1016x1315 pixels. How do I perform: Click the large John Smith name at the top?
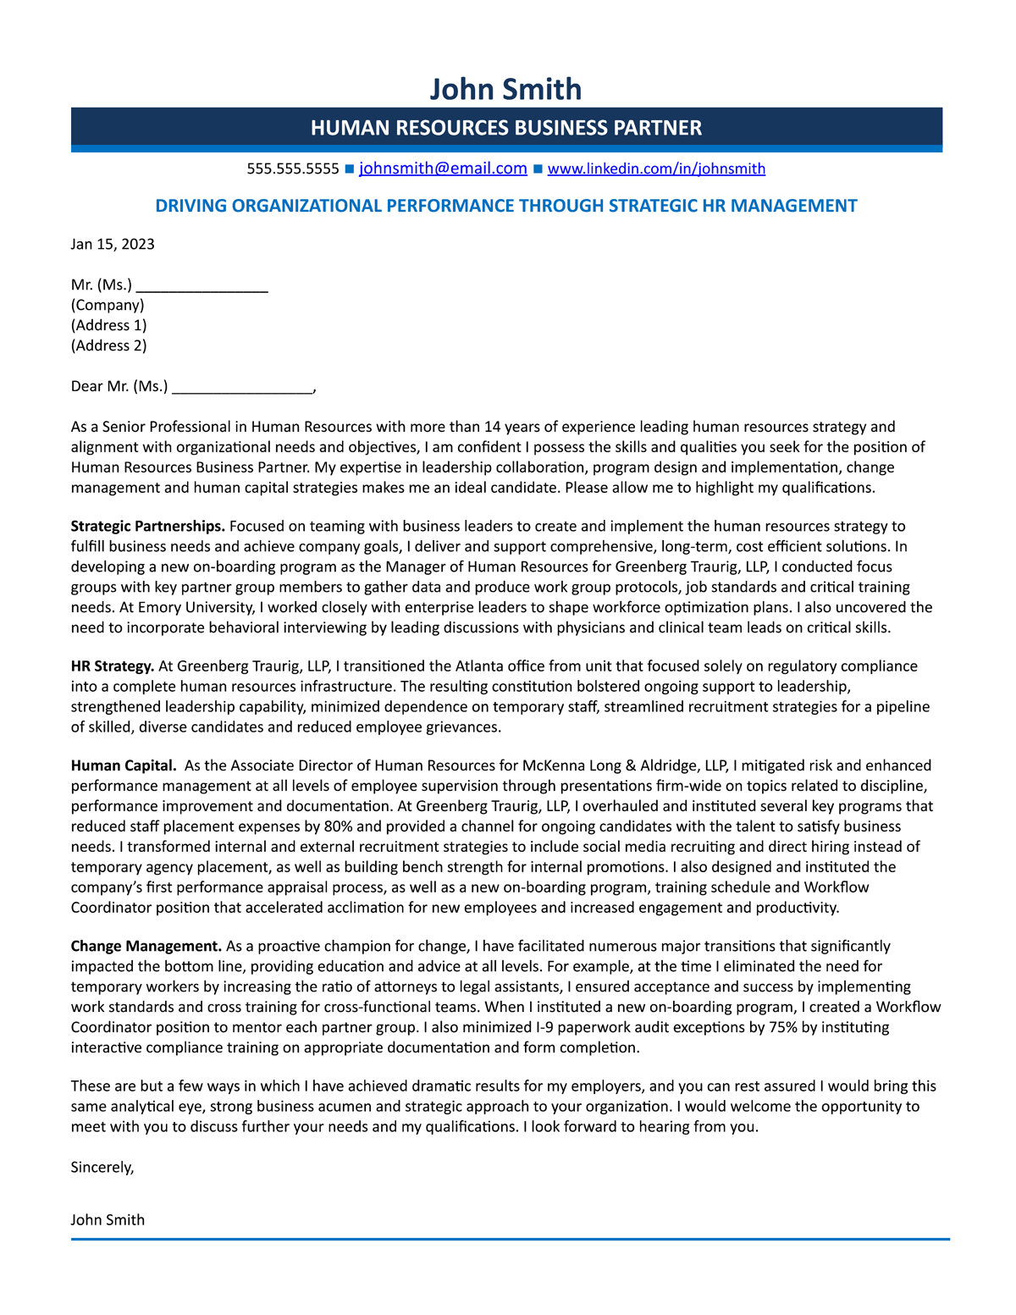[505, 89]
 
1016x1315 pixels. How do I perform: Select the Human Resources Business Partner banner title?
[505, 128]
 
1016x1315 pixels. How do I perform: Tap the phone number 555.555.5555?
[293, 169]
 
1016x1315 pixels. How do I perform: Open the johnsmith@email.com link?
[443, 169]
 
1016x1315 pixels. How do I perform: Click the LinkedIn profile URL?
[656, 169]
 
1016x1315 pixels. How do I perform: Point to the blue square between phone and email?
[349, 169]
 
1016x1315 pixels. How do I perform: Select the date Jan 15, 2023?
[113, 245]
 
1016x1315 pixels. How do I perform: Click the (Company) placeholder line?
[108, 305]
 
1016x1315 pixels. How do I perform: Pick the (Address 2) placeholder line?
[108, 345]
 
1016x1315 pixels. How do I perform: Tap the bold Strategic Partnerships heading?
[147, 527]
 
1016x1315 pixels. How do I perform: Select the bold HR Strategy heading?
[113, 666]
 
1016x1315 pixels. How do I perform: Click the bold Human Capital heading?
[124, 765]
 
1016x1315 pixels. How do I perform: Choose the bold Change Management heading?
[146, 946]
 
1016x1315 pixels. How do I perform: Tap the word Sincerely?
[102, 1168]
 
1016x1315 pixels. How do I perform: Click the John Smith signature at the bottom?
[108, 1220]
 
